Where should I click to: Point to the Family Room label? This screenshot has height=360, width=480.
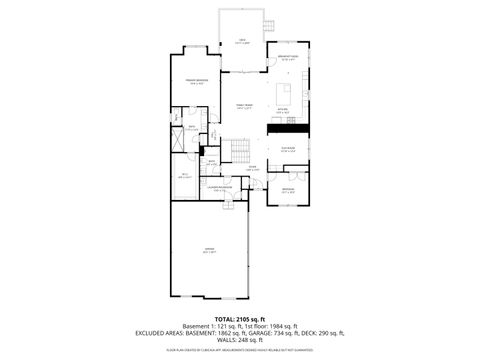pos(243,106)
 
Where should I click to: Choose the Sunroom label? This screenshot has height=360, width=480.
pos(288,150)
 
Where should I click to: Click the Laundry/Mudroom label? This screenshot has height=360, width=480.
pos(221,189)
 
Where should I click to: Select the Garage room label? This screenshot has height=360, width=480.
pos(209,251)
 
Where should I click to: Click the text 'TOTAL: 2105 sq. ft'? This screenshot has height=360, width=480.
pos(240,318)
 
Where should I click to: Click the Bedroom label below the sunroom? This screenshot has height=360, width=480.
pos(288,191)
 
